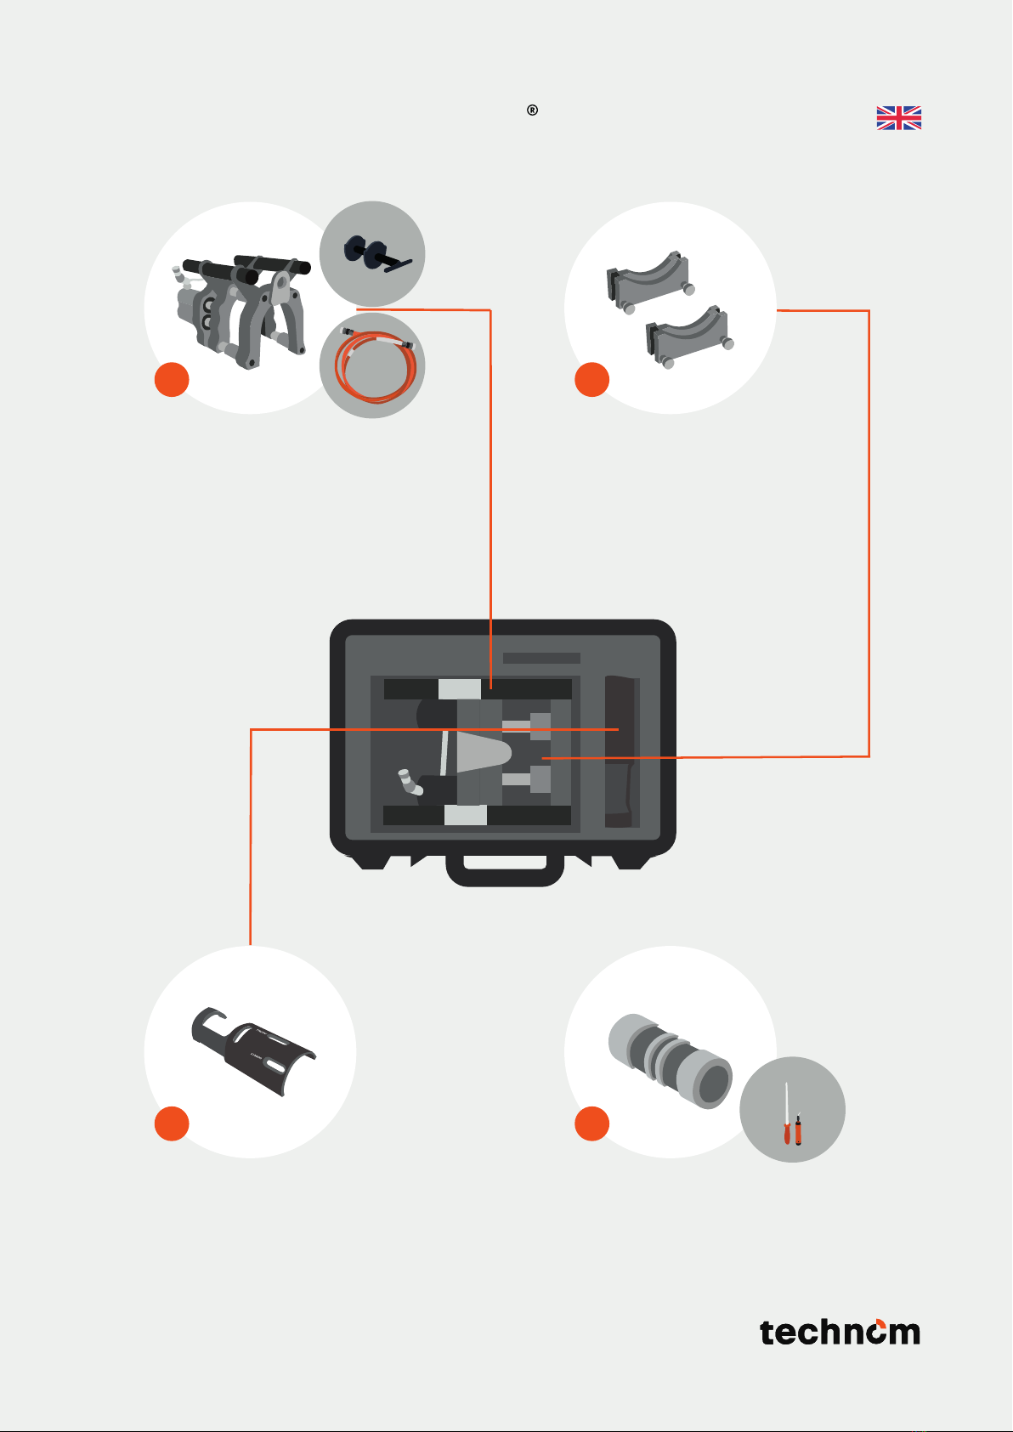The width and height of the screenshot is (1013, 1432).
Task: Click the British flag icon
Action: pos(898,117)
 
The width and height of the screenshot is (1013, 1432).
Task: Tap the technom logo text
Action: pos(840,1333)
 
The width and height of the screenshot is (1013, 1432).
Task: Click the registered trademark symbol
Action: pos(532,110)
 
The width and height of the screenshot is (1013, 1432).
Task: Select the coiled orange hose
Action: pos(376,365)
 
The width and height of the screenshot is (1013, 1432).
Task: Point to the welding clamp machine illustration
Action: pos(241,311)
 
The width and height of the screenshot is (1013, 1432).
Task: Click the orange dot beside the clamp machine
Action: pos(172,380)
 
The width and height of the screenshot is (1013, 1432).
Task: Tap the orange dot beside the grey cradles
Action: pos(591,380)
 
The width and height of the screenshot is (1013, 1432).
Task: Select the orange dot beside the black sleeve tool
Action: pos(172,1124)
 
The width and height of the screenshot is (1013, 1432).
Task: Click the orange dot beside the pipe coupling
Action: pos(591,1124)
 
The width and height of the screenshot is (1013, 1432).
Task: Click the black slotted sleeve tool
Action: pos(252,1050)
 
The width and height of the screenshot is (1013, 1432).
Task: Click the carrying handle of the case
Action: pos(505,871)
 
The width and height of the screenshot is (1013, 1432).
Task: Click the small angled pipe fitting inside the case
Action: pos(410,782)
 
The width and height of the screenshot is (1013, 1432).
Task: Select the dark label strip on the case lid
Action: pos(541,658)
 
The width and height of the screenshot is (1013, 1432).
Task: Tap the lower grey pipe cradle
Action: pos(689,337)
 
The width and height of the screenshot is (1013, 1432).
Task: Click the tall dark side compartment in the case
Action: pos(622,751)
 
